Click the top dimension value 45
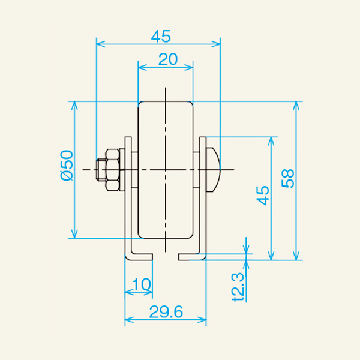coord(160,36)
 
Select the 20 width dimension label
coord(167,59)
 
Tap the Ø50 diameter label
coord(66,166)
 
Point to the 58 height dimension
coord(288,178)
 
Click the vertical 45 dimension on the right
coord(262,196)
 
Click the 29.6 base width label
coord(166,312)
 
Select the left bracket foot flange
coord(139,256)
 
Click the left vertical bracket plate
coord(128,198)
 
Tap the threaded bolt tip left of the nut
coord(100,170)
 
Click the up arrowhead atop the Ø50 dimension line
coord(75,106)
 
